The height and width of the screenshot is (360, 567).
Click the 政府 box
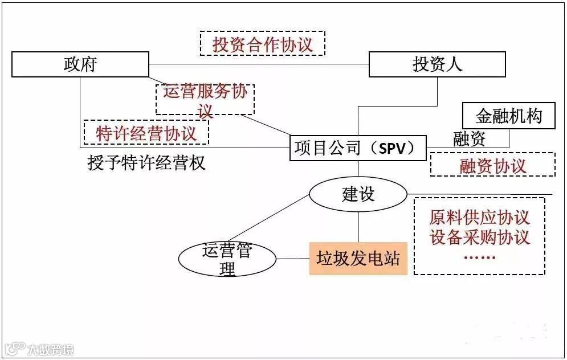pyautogui.click(x=80, y=64)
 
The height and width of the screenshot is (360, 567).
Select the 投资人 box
pyautogui.click(x=437, y=64)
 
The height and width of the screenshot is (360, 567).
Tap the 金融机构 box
pyautogui.click(x=508, y=117)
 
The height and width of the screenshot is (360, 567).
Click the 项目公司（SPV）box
pyautogui.click(x=358, y=148)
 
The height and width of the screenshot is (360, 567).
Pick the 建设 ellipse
pyautogui.click(x=358, y=194)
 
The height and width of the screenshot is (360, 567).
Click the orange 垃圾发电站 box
pyautogui.click(x=358, y=259)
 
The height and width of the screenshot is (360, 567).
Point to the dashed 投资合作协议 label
pyautogui.click(x=263, y=44)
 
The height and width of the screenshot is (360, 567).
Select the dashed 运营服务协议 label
pyautogui.click(x=205, y=99)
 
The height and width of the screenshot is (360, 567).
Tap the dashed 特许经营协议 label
pyautogui.click(x=146, y=133)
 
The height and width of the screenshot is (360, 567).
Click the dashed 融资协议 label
pyautogui.click(x=492, y=165)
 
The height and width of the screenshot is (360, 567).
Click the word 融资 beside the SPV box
pyautogui.click(x=470, y=138)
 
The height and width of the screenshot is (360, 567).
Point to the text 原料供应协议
pyautogui.click(x=480, y=217)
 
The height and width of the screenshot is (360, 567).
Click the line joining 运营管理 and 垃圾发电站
pyautogui.click(x=293, y=259)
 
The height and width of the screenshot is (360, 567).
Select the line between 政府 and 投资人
pyautogui.click(x=259, y=64)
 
